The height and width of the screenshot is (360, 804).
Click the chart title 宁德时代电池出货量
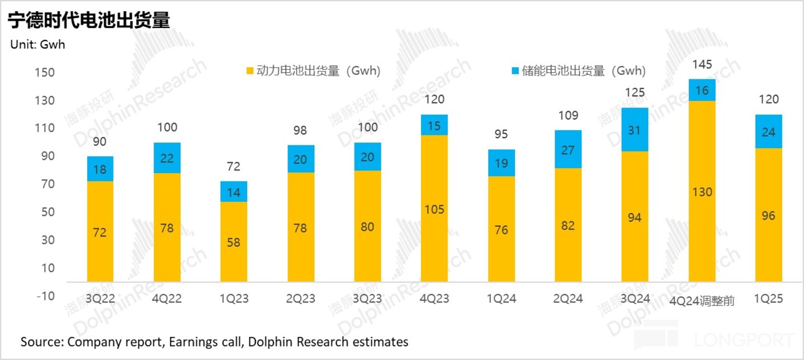pos(88,20)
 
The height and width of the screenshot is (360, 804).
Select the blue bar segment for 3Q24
pos(635,130)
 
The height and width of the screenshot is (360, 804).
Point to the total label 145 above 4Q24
pos(702,65)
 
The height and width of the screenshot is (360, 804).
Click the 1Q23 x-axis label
pos(233,299)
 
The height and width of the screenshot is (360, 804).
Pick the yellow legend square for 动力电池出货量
pos(250,72)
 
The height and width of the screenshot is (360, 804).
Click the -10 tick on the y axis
pos(45,296)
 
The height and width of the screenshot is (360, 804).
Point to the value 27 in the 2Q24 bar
pos(567,149)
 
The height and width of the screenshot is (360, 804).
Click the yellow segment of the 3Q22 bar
pos(100,231)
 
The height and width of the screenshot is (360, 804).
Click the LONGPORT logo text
pos(743,340)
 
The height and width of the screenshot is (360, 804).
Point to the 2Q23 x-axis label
pos(300,299)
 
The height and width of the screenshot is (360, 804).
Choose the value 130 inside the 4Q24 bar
pos(702,192)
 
